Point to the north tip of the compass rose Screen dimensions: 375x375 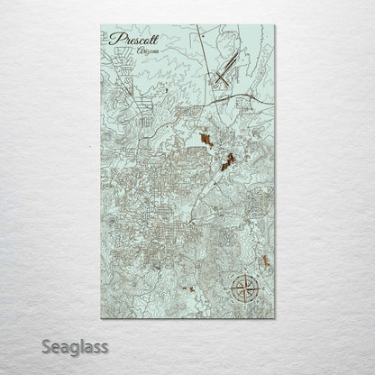tap(242, 274)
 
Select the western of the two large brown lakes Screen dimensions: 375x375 tap(206, 141)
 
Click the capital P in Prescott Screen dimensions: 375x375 tap(114, 40)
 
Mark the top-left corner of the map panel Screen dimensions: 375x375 tap(101, 26)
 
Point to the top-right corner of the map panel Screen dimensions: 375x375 tap(276, 26)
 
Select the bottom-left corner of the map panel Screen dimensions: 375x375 tap(101, 318)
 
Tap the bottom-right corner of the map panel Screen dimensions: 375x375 tap(276, 318)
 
